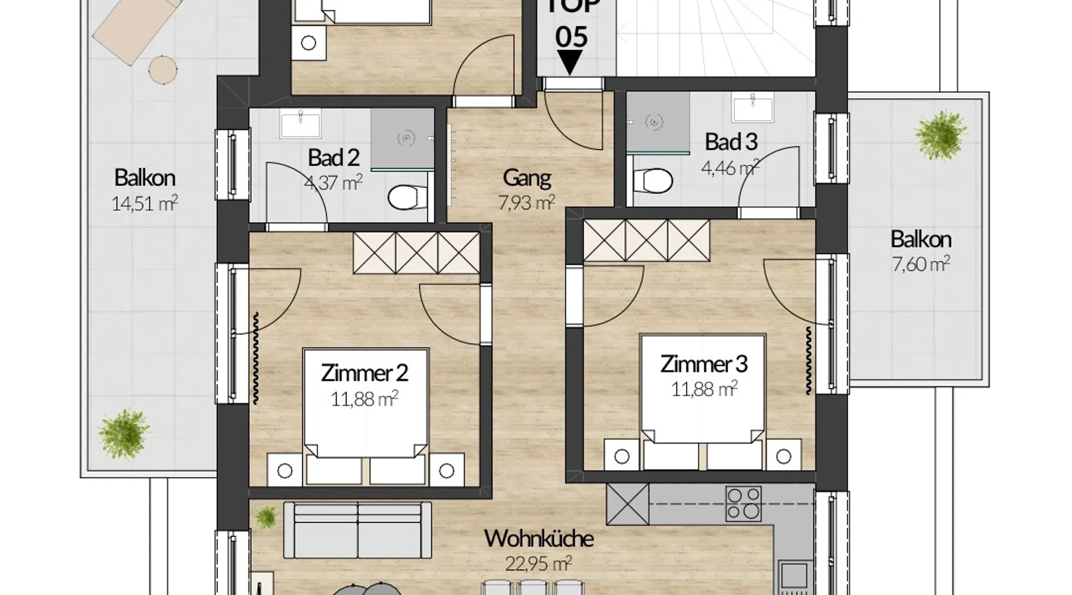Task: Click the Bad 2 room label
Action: pos(334,158)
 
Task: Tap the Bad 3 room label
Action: pos(731,142)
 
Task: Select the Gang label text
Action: pos(527,177)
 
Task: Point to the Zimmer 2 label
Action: pos(364,373)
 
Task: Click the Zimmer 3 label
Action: pos(704,364)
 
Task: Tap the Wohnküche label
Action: pos(539,538)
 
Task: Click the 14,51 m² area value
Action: pos(144,204)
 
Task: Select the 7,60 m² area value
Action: pos(921,264)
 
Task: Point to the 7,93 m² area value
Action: pos(527,203)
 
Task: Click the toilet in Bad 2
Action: pos(408,196)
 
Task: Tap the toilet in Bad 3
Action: pos(653,180)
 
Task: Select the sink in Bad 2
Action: pos(301,126)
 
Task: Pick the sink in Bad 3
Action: pos(753,109)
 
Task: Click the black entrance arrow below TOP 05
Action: pos(570,62)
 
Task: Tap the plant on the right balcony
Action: pos(942,135)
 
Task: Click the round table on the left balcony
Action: pos(163,70)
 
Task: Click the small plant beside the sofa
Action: pos(266,517)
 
